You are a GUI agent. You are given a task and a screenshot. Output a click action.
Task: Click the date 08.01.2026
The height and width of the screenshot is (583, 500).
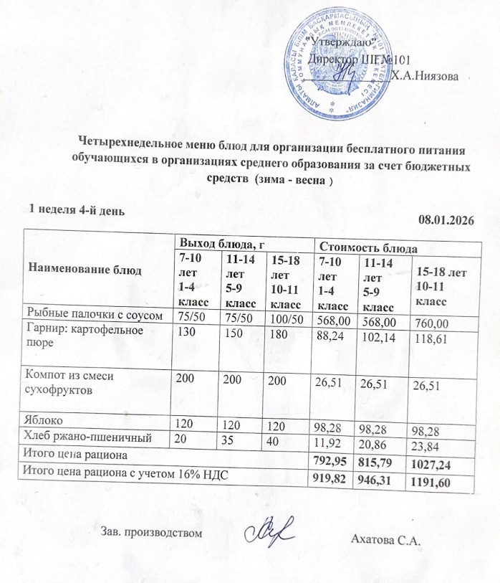click(447, 220)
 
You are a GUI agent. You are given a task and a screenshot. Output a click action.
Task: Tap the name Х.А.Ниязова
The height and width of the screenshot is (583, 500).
click(428, 77)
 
